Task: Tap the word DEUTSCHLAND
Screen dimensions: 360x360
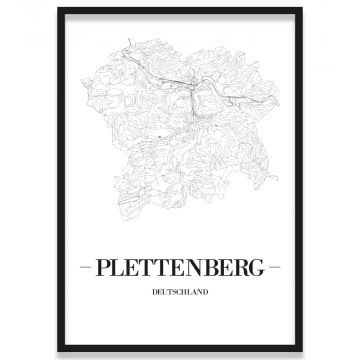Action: point(180,292)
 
